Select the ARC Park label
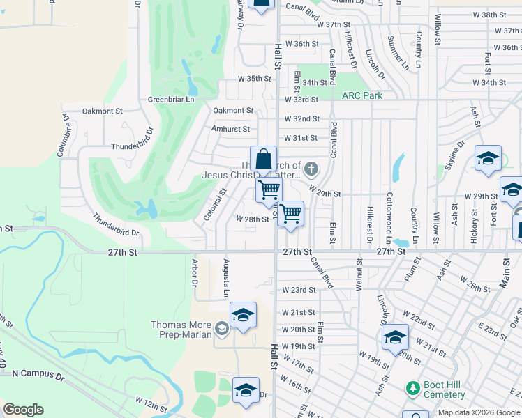(x=361, y=95)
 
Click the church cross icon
(x=311, y=168)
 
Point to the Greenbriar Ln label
(x=170, y=100)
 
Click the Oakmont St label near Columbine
(x=102, y=111)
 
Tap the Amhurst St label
(x=230, y=130)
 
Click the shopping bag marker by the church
(x=264, y=160)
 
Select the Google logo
(x=23, y=410)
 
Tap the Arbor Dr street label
(x=195, y=272)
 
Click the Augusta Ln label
(x=226, y=277)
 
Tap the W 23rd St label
(x=299, y=290)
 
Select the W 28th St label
(x=253, y=219)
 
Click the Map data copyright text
(x=478, y=413)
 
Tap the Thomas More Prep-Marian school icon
(x=221, y=327)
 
